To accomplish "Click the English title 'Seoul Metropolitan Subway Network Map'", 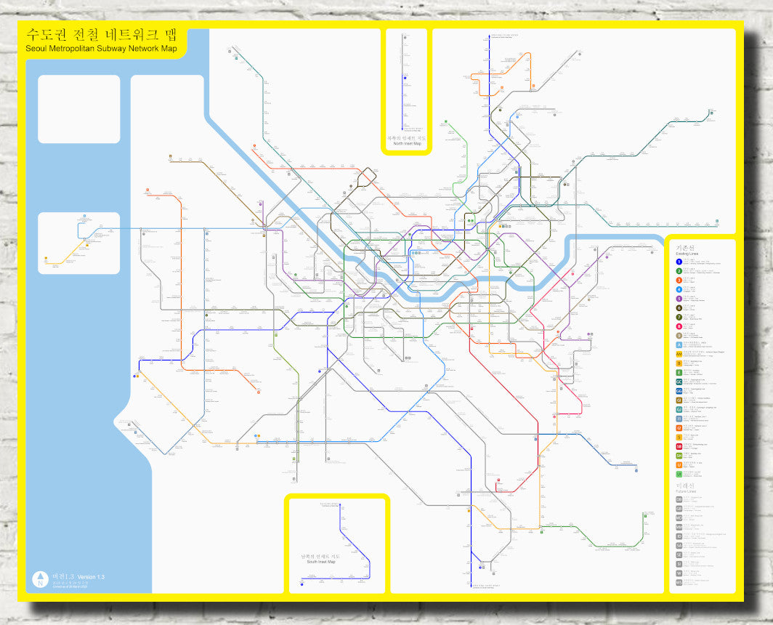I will [x=101, y=49].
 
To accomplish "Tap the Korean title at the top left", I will [x=101, y=35].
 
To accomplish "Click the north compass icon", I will [x=41, y=579].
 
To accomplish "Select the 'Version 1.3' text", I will [x=91, y=577].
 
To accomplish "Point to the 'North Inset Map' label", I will [x=408, y=143].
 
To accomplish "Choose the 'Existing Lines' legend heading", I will [x=687, y=253].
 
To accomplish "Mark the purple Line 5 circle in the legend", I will [x=679, y=298].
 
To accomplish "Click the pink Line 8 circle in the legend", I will [x=679, y=326].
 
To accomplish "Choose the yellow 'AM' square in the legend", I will [x=679, y=353].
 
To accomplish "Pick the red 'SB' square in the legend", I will [x=679, y=446].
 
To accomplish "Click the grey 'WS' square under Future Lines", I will [x=679, y=582].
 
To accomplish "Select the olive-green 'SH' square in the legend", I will [x=679, y=456].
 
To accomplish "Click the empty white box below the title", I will [x=78, y=109].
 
